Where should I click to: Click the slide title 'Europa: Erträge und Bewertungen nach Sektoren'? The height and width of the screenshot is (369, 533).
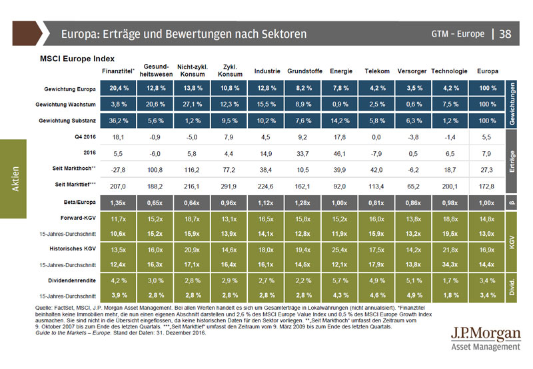[x=183, y=33]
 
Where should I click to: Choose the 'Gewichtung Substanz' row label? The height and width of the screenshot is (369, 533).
[x=69, y=121]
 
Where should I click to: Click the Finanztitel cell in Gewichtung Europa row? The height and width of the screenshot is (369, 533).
[x=119, y=88]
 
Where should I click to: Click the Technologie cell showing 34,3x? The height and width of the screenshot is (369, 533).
[x=450, y=265]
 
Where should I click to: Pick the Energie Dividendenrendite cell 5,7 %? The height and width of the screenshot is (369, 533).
[x=341, y=281]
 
